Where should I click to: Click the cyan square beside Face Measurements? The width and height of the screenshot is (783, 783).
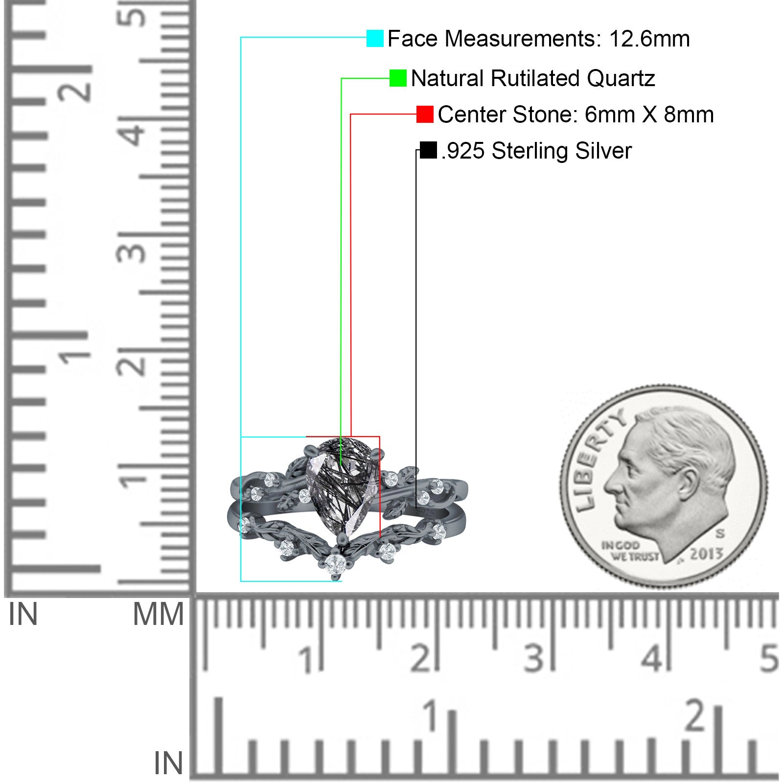[x=375, y=38]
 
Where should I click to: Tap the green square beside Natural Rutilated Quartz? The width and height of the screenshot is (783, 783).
[x=398, y=78]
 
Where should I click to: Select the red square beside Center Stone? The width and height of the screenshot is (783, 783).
[x=425, y=114]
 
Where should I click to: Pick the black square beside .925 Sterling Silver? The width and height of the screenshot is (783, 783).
[x=428, y=150]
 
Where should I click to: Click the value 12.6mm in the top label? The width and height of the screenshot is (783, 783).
[x=649, y=39]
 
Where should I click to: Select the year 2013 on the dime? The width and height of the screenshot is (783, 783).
[x=706, y=554]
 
